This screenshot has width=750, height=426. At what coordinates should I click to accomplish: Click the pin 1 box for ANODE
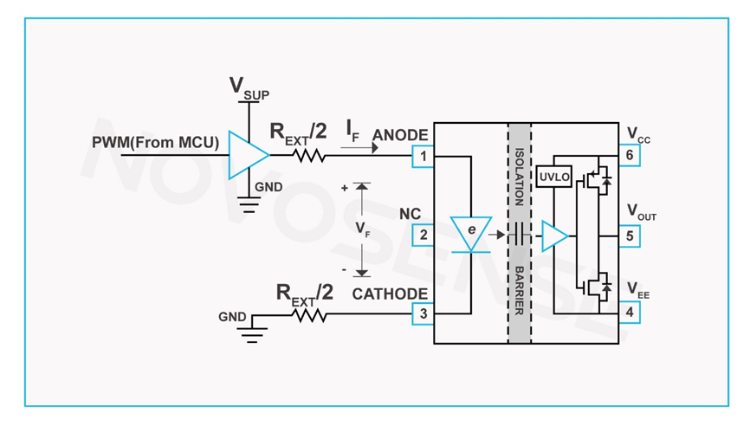423,157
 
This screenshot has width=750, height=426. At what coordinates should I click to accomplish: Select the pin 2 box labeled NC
423,235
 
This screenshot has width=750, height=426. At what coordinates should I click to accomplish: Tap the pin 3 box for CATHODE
423,313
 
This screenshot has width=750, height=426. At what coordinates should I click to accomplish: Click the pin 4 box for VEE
629,313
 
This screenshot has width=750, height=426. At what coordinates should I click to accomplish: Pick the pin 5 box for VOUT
629,236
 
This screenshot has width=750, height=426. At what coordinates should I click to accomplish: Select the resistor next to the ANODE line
309,157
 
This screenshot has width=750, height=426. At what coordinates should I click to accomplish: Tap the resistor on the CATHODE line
310,317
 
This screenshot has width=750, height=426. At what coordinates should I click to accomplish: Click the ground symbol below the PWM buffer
249,206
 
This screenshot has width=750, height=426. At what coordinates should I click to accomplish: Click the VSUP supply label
248,87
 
